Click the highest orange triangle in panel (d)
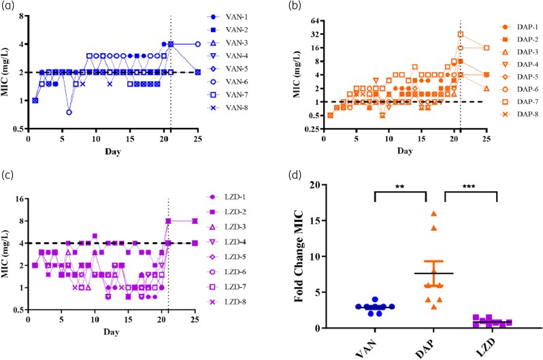(433, 214)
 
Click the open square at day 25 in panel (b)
(487, 48)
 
